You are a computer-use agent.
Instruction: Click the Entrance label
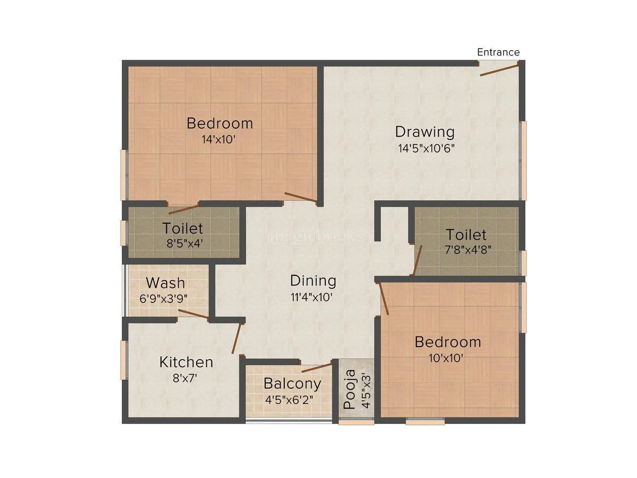[x=498, y=52]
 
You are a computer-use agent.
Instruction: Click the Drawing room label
[x=424, y=131]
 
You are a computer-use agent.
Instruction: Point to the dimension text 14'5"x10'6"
[x=426, y=148]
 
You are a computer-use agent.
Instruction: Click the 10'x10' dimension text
[x=446, y=358]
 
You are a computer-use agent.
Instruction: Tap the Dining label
[x=313, y=281]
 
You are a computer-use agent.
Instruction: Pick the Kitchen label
[x=186, y=362]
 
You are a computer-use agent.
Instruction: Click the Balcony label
[x=292, y=383]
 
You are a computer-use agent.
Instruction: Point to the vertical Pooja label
[x=350, y=390]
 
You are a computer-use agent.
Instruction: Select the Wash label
[x=165, y=283]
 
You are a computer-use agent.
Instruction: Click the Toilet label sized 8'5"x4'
[x=183, y=228]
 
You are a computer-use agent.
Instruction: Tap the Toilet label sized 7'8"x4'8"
[x=466, y=235]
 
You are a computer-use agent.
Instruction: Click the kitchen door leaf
[x=236, y=338]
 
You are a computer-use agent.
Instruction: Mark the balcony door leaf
[x=316, y=368]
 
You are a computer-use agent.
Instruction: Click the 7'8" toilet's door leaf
[x=417, y=261]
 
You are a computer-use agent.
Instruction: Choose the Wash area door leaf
[x=193, y=314]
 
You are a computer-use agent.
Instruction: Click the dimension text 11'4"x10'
[x=312, y=297]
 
